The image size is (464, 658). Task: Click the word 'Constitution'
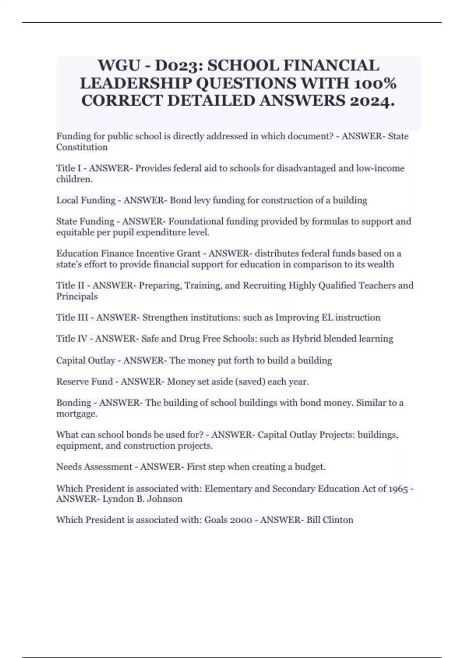coord(82,147)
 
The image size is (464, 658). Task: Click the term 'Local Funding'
coord(86,200)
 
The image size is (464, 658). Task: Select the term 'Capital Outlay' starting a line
coord(86,360)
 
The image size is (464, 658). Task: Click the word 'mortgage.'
coord(77,414)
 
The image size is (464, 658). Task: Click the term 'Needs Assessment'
coord(94,467)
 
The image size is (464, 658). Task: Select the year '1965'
coord(398,488)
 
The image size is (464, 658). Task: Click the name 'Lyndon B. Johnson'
coord(142,499)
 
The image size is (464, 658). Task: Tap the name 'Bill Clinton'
coord(330,520)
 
